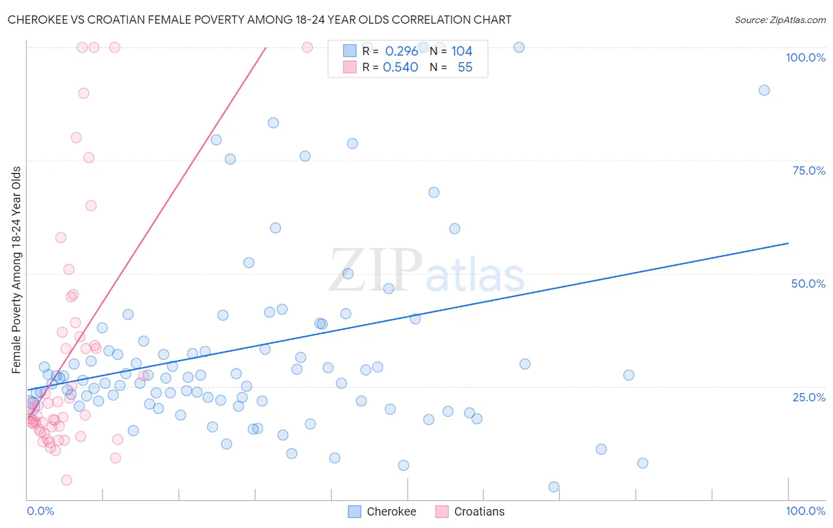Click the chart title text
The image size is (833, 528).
[259, 20]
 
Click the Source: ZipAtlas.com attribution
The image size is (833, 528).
[780, 20]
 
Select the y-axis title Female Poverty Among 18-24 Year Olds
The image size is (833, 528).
[16, 270]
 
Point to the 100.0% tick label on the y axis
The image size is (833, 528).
[805, 57]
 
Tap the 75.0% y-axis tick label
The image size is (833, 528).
[809, 170]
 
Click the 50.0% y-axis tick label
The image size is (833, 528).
[808, 284]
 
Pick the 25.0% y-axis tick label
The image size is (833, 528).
[809, 397]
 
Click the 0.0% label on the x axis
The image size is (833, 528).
[40, 511]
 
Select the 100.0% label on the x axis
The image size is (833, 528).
[805, 511]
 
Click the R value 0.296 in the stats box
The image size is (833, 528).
[402, 51]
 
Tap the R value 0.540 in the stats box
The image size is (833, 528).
[401, 67]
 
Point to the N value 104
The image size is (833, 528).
[462, 51]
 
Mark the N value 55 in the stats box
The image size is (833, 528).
[465, 67]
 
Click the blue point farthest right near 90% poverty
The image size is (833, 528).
[764, 91]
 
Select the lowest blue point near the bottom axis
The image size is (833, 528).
[554, 487]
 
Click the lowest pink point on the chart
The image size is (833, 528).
[66, 480]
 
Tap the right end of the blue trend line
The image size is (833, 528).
[788, 243]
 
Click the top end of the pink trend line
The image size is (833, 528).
[265, 47]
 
